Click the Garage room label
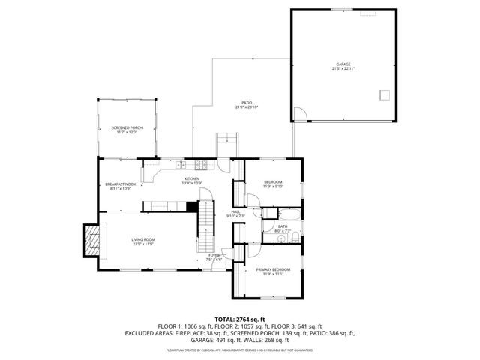(x=343, y=64)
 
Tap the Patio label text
(x=247, y=103)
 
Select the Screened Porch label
(x=127, y=127)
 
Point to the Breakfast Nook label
(x=120, y=184)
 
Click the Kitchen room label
(x=192, y=178)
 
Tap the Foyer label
(x=214, y=256)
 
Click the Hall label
(x=235, y=211)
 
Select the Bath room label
(x=283, y=226)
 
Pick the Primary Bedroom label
(x=273, y=269)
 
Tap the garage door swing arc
(x=299, y=114)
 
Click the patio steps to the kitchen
(x=226, y=142)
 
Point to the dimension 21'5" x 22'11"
(x=343, y=68)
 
